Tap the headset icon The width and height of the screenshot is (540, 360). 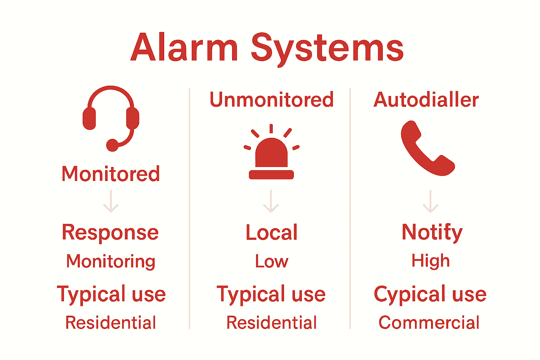(x=111, y=118)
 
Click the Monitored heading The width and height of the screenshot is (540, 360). (x=111, y=174)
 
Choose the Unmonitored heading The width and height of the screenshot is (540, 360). (x=271, y=99)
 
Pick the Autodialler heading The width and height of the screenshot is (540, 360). (x=426, y=99)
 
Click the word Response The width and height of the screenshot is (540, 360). (x=110, y=233)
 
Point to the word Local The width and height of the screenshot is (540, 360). (x=271, y=233)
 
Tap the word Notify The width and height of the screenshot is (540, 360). (x=432, y=232)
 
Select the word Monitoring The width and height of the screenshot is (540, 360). (x=111, y=262)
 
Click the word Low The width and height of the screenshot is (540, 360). (x=271, y=262)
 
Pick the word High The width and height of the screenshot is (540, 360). (x=431, y=261)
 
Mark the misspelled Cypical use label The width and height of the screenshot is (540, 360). (x=430, y=294)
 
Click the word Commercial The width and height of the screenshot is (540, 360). (x=429, y=322)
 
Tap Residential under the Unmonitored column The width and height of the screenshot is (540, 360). (x=271, y=322)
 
